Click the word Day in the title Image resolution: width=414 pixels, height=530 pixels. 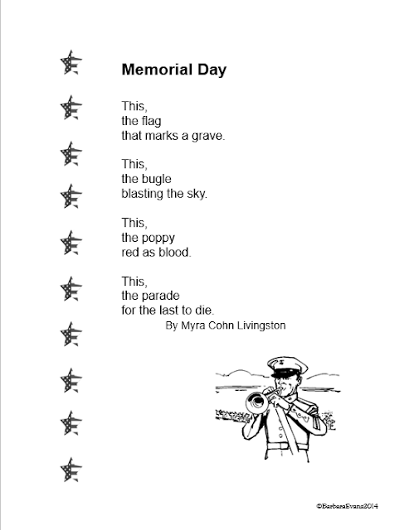click(x=207, y=69)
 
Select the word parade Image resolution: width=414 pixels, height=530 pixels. click(x=160, y=296)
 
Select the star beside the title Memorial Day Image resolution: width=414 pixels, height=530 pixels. click(x=71, y=64)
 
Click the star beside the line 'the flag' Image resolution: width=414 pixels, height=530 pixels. click(x=71, y=109)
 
